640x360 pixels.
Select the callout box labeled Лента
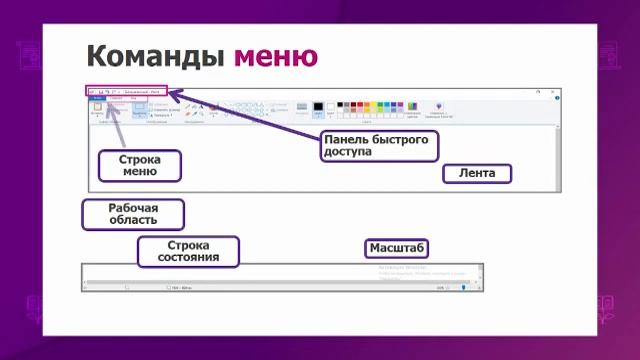[x=477, y=173]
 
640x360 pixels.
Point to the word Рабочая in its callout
[x=133, y=207]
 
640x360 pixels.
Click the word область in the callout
[x=133, y=220]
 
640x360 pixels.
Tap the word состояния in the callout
[x=188, y=258]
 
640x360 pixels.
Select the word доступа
[x=347, y=153]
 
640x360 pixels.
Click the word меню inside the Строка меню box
[x=139, y=172]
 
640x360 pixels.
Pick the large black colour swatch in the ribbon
[x=319, y=107]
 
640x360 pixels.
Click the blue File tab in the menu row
[x=97, y=98]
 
